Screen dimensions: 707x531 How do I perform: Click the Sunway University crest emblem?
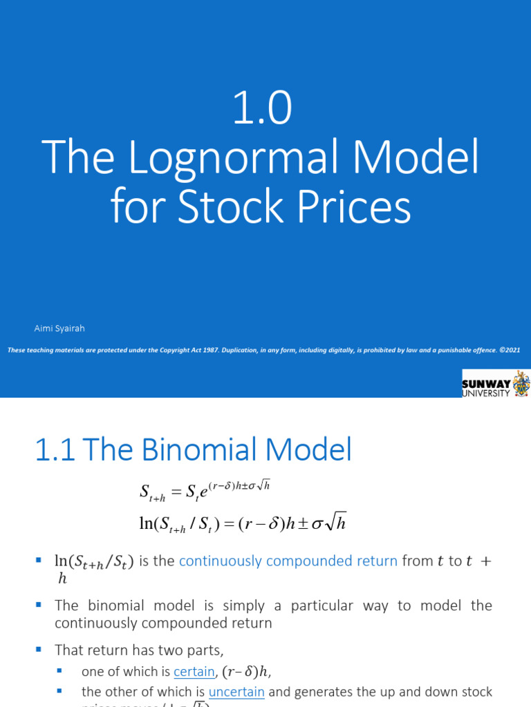pos(521,383)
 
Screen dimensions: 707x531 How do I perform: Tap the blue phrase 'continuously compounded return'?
pos(288,561)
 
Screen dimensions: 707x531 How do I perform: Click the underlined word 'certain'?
pos(194,670)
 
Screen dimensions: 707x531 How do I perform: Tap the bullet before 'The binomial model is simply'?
pos(39,605)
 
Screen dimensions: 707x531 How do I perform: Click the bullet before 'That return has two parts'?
pos(39,649)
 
